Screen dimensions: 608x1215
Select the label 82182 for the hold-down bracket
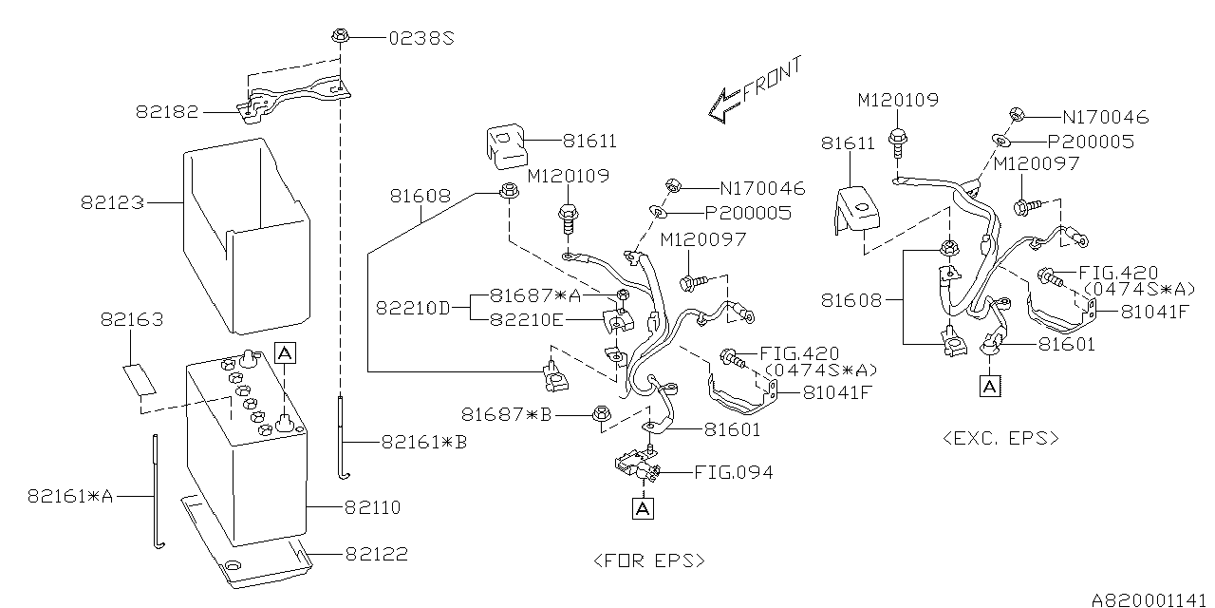(x=167, y=111)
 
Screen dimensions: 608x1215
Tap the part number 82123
(x=112, y=202)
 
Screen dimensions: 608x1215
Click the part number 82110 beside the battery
(x=372, y=508)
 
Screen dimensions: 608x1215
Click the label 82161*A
(x=70, y=495)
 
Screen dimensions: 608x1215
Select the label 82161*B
(x=424, y=442)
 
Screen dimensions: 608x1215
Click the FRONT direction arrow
(x=754, y=91)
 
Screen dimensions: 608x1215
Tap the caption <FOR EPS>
(x=649, y=560)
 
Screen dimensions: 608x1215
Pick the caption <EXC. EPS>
(x=1000, y=438)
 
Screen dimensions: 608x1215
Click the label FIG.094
(x=733, y=472)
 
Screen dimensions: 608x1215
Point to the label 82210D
(x=412, y=308)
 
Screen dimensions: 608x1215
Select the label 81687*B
(x=506, y=414)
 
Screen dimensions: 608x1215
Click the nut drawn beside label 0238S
(x=340, y=37)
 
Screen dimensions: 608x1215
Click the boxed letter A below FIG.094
(x=643, y=509)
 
